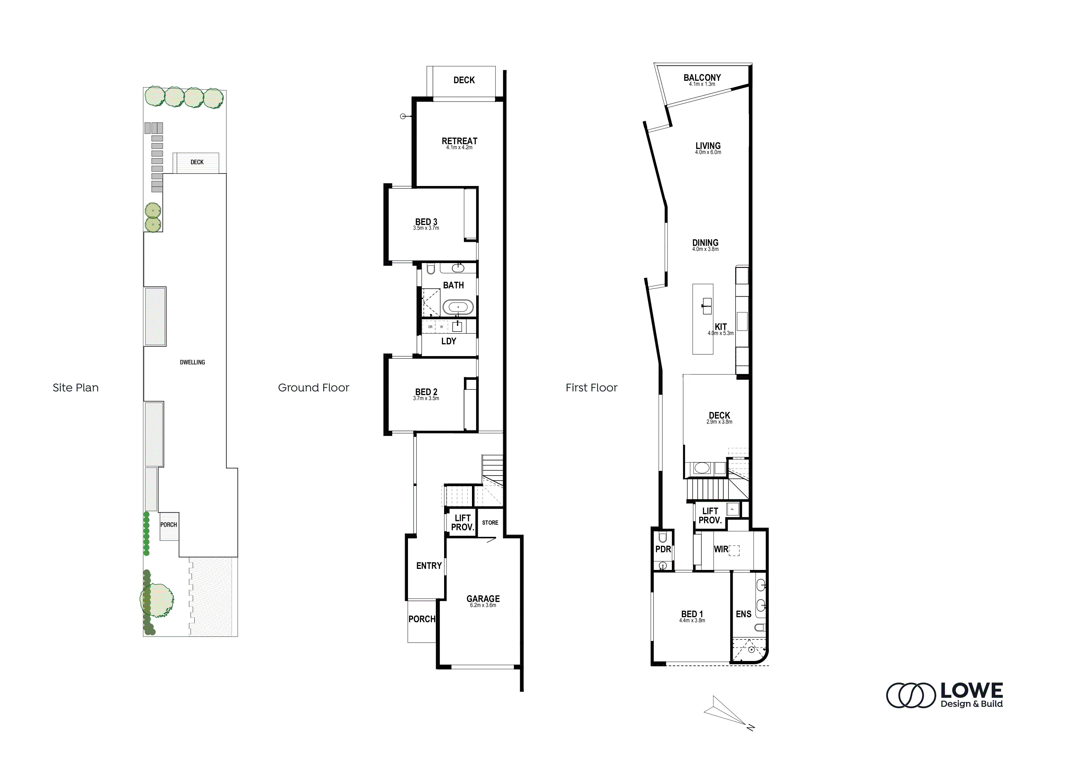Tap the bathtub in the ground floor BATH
(458, 307)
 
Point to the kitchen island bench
(703, 319)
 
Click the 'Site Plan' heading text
(76, 388)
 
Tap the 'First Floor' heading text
(591, 388)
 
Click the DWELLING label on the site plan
(192, 362)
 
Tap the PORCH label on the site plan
(168, 525)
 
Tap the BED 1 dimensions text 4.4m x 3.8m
(692, 620)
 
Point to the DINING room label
(705, 243)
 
